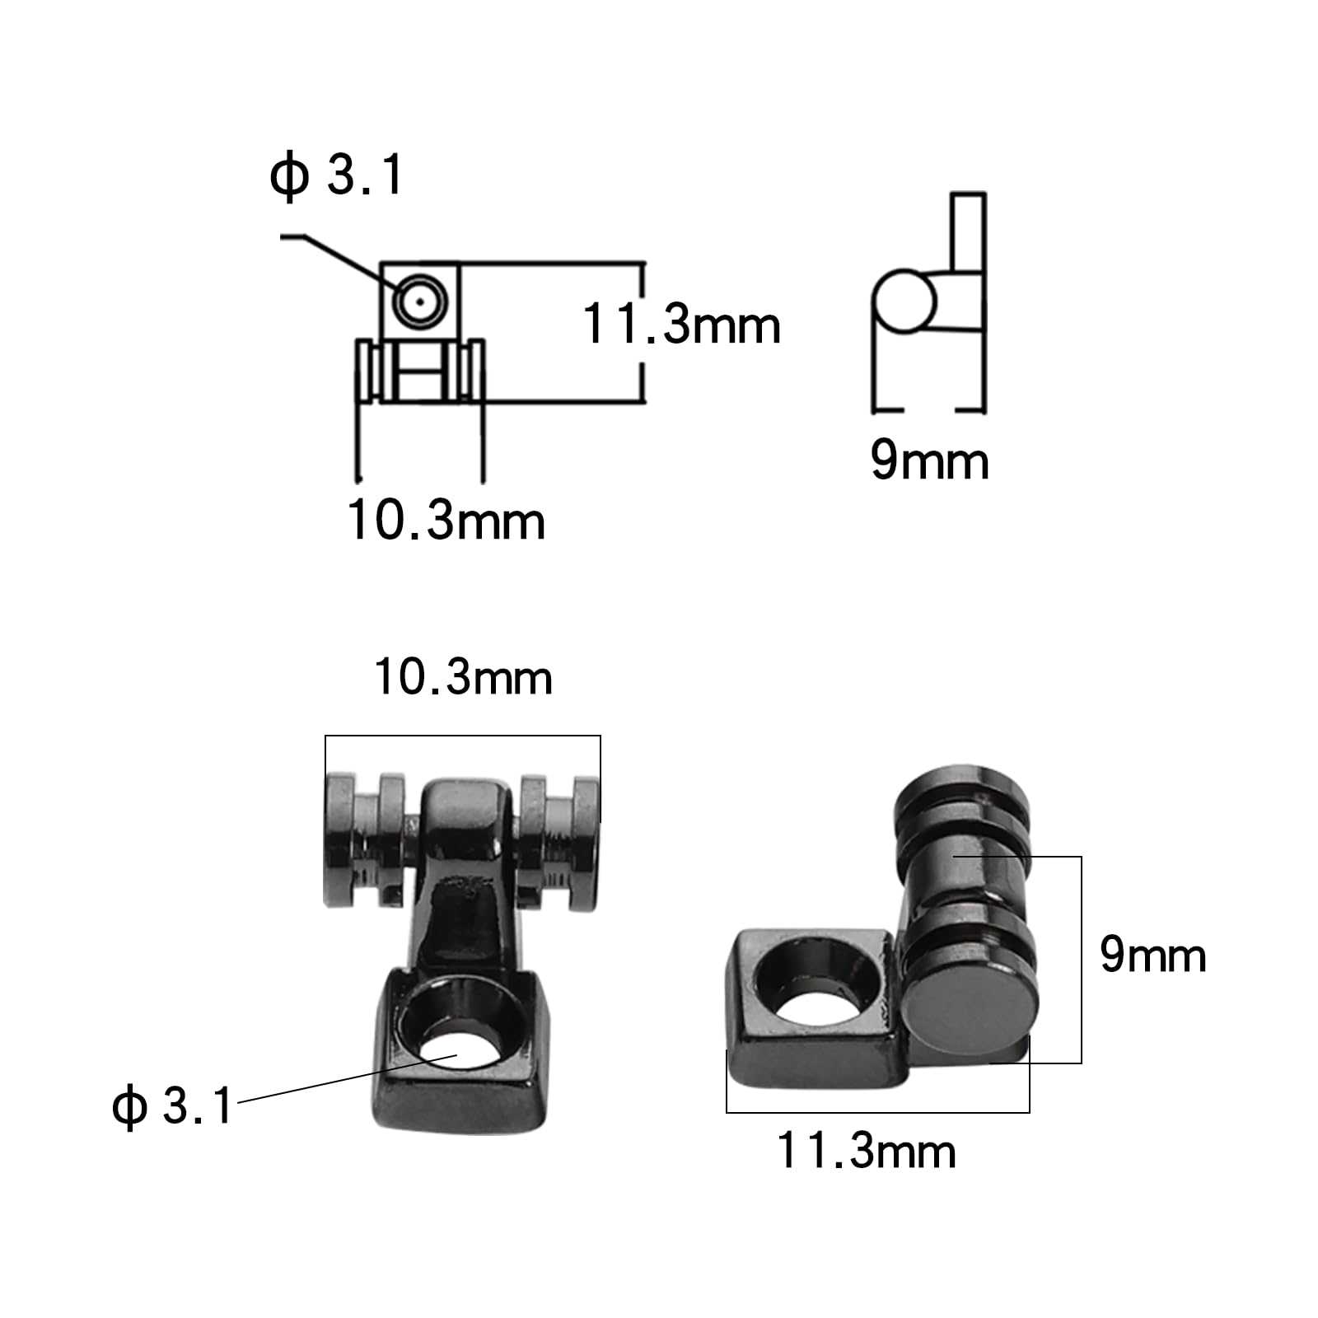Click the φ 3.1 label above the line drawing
tap(336, 175)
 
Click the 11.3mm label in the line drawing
tap(681, 324)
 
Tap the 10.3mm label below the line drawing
tap(446, 521)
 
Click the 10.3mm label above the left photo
tap(463, 678)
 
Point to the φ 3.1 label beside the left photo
tap(172, 1105)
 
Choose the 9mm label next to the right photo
tap(1152, 956)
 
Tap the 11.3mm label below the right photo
tap(866, 1151)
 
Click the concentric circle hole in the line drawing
tap(420, 301)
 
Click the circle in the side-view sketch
tap(904, 301)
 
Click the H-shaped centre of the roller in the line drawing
tap(420, 371)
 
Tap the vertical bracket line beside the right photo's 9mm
tap(1081, 960)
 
